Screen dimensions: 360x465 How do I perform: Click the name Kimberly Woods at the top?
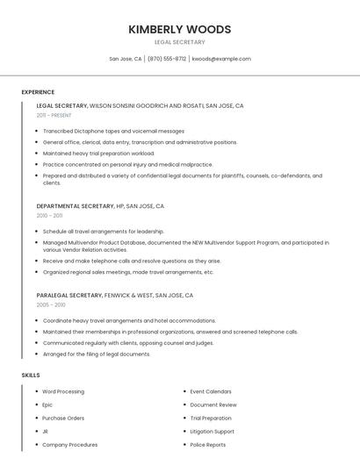pyautogui.click(x=179, y=29)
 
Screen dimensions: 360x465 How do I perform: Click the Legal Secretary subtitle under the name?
pyautogui.click(x=179, y=42)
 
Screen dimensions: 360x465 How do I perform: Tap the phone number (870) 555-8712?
pyautogui.click(x=167, y=59)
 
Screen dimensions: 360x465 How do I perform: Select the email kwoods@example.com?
pyautogui.click(x=221, y=59)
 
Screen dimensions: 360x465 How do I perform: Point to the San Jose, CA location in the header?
pyautogui.click(x=125, y=59)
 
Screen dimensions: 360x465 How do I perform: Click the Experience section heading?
pyautogui.click(x=38, y=92)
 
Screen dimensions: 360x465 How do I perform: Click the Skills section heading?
pyautogui.click(x=31, y=376)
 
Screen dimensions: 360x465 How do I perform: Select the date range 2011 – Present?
pyautogui.click(x=54, y=115)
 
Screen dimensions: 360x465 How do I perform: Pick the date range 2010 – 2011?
pyautogui.click(x=49, y=215)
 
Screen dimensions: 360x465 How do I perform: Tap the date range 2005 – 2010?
pyautogui.click(x=51, y=304)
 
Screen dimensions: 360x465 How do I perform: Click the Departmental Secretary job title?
pyautogui.click(x=76, y=206)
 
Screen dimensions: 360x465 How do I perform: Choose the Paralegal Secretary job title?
pyautogui.click(x=69, y=296)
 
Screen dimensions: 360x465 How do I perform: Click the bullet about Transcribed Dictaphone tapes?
pyautogui.click(x=113, y=131)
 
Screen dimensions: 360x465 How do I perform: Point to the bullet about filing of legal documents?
pyautogui.click(x=97, y=354)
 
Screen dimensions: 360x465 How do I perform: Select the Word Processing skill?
pyautogui.click(x=63, y=391)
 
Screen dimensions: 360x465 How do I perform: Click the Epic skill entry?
pyautogui.click(x=47, y=404)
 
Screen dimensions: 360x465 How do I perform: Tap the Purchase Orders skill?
pyautogui.click(x=63, y=418)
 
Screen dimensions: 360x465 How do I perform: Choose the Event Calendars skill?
pyautogui.click(x=211, y=391)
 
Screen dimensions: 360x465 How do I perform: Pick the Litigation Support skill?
pyautogui.click(x=212, y=431)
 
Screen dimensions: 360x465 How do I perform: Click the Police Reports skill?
pyautogui.click(x=207, y=444)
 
